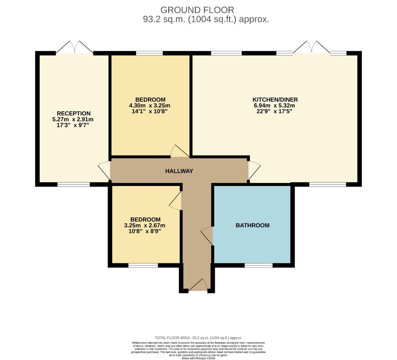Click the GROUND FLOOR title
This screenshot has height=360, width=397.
pyautogui.click(x=197, y=10)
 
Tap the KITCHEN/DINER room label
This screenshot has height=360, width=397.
pyautogui.click(x=275, y=100)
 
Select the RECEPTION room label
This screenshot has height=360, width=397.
pyautogui.click(x=73, y=113)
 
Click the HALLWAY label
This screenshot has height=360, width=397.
pyautogui.click(x=179, y=171)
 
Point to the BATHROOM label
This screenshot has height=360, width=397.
pyautogui.click(x=252, y=225)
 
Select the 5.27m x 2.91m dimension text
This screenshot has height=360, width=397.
pyautogui.click(x=73, y=119)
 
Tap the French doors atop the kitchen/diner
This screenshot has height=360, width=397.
pyautogui.click(x=312, y=48)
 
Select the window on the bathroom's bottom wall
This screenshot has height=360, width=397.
pyautogui.click(x=258, y=265)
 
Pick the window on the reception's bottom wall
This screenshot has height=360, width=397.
pyautogui.click(x=73, y=184)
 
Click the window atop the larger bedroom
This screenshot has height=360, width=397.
pyautogui.click(x=149, y=53)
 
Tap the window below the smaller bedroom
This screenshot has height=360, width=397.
pyautogui.click(x=143, y=265)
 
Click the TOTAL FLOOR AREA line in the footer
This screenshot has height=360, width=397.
pyautogui.click(x=198, y=338)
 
